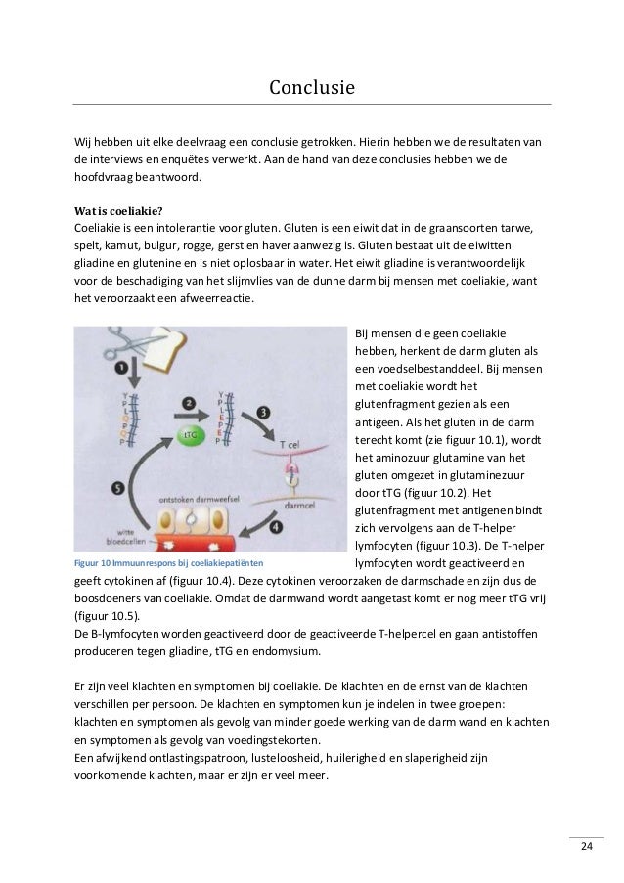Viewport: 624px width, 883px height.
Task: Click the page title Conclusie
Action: click(311, 90)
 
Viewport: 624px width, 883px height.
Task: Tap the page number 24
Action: click(587, 846)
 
